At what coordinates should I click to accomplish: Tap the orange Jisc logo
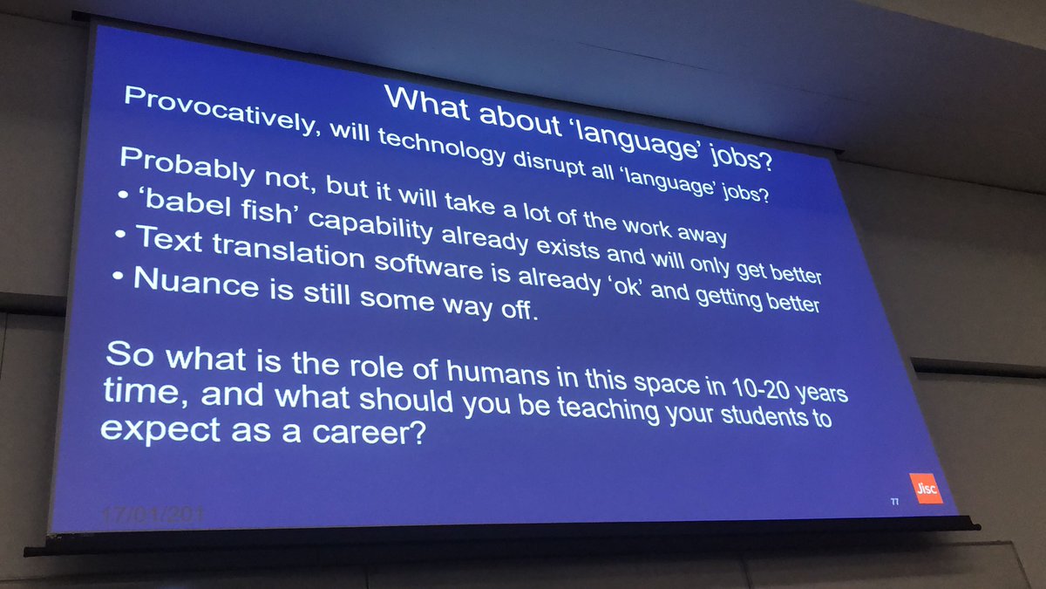pos(925,489)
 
